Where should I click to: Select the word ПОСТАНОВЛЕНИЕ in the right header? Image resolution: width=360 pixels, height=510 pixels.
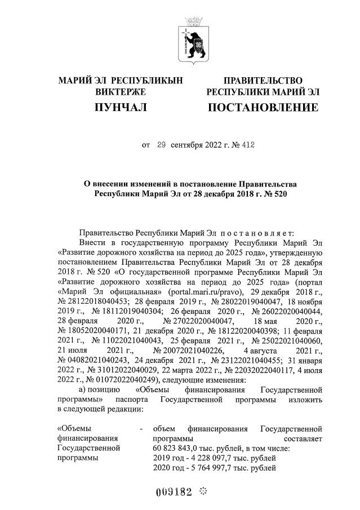[263, 107]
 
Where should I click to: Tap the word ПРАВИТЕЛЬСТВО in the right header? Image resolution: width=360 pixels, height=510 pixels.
[263, 81]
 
